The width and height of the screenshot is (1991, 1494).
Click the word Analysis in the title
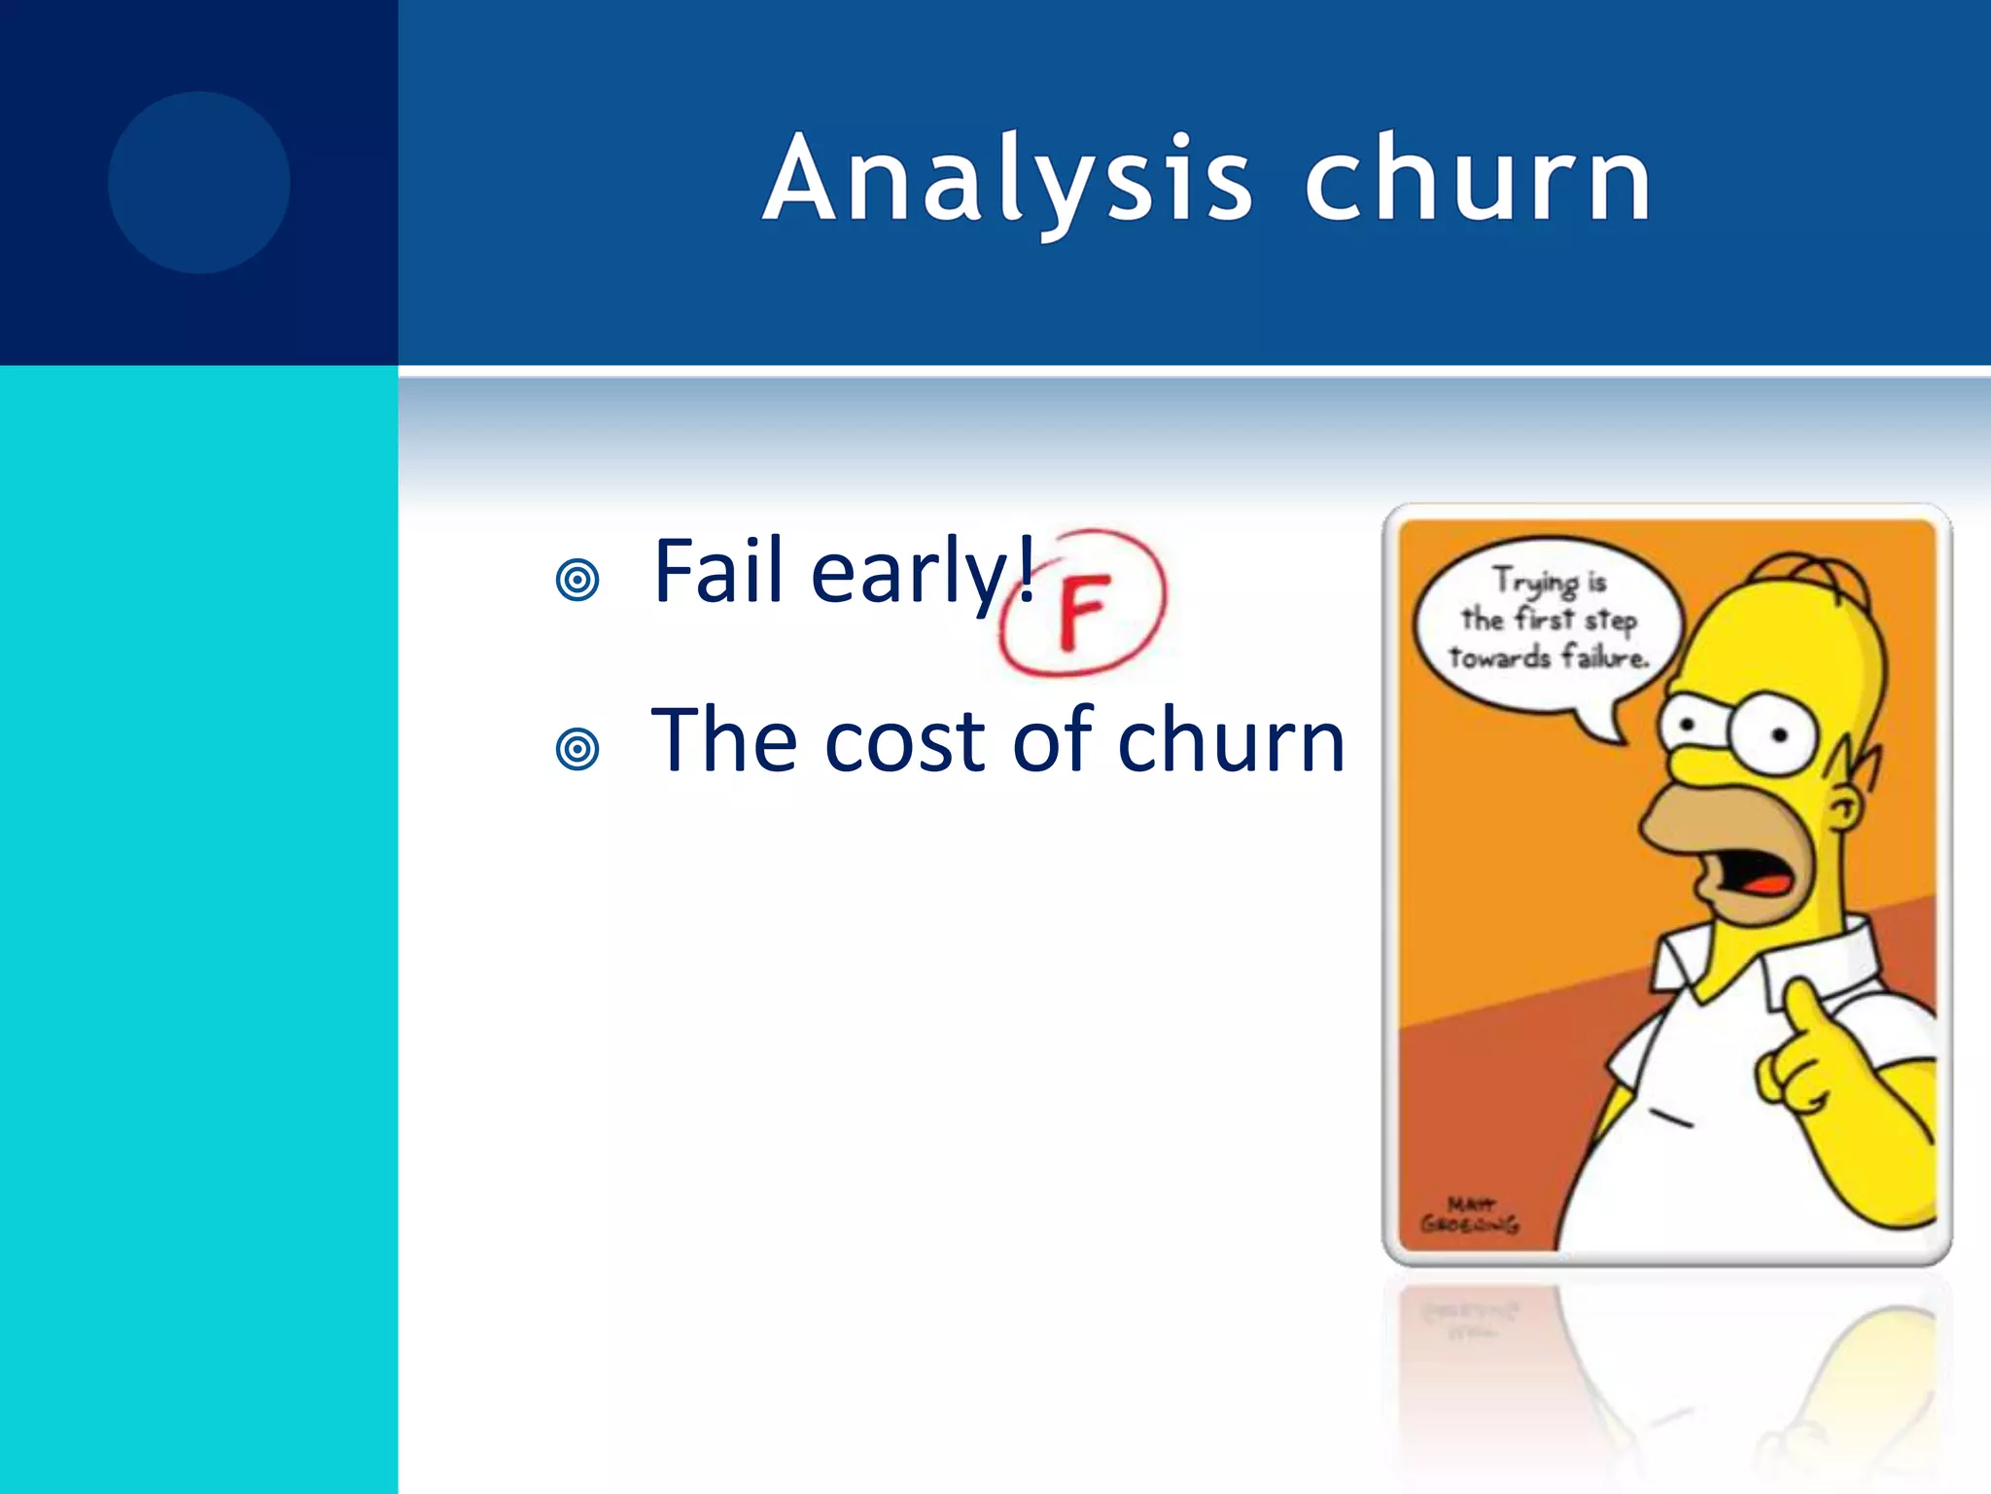click(1007, 181)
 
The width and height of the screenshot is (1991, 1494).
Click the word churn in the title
click(1478, 181)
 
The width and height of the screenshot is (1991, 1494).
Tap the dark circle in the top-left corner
click(198, 182)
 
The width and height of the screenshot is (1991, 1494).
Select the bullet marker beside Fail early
click(577, 581)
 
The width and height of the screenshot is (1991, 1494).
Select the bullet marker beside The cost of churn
click(577, 749)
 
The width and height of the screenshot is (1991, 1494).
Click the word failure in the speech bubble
click(1604, 658)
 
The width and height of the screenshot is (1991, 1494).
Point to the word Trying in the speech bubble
click(1536, 582)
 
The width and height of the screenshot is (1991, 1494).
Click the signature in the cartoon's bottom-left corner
click(1468, 1216)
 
